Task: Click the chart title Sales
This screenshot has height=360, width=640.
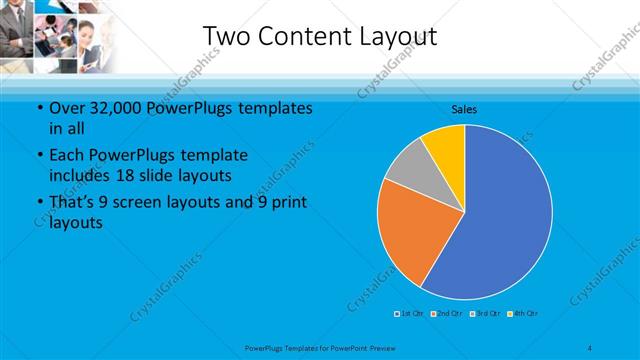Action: (x=464, y=108)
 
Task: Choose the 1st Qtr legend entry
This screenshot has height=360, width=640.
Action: (x=410, y=314)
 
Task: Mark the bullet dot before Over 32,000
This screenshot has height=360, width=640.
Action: (x=39, y=109)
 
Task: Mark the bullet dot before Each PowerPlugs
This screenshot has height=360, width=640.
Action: (x=39, y=156)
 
